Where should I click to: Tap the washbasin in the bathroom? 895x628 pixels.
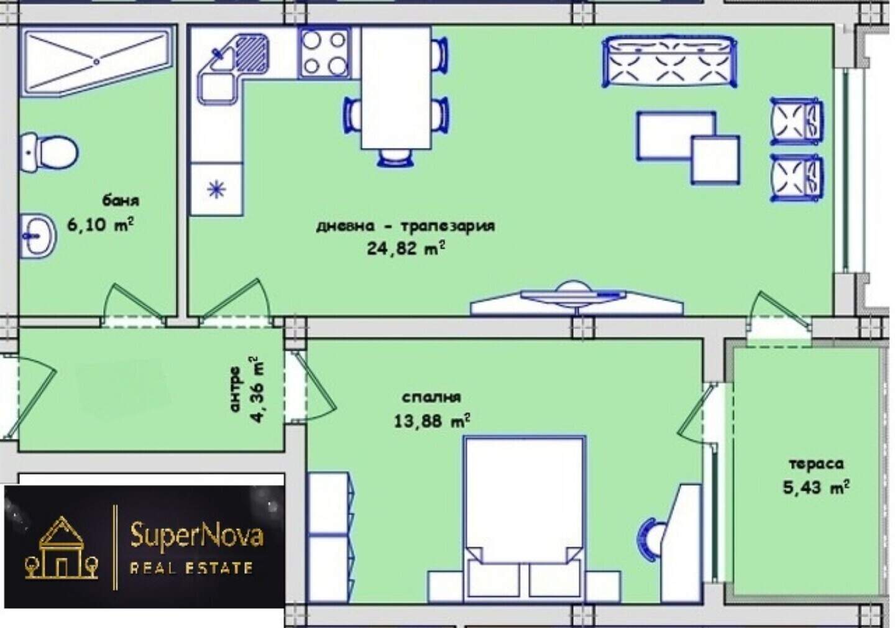click(38, 236)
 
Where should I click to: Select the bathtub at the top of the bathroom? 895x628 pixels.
click(97, 61)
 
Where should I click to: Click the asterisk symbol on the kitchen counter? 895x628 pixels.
click(217, 189)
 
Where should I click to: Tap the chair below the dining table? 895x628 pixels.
click(395, 157)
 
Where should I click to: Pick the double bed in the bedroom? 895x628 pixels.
click(524, 519)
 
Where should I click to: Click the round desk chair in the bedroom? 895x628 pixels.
click(649, 540)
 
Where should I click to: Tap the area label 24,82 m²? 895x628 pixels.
click(406, 249)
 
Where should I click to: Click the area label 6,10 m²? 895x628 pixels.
click(100, 225)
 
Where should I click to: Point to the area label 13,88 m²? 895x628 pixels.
click(432, 420)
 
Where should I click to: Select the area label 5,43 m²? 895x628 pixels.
click(816, 487)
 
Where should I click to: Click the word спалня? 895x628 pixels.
click(431, 397)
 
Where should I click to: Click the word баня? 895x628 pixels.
click(121, 201)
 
